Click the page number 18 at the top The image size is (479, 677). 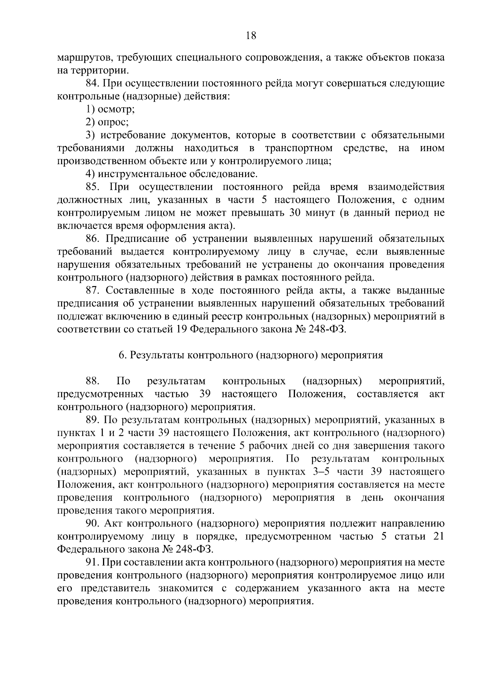[x=251, y=36]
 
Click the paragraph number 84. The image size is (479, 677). [x=93, y=83]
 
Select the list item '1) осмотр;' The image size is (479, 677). [x=111, y=109]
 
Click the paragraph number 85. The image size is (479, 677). [x=93, y=187]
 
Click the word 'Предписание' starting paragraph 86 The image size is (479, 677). [x=138, y=239]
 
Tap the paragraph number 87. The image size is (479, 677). [x=93, y=290]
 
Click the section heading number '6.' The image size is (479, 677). [x=123, y=355]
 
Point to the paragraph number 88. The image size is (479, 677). [x=93, y=381]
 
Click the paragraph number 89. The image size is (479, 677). [x=93, y=420]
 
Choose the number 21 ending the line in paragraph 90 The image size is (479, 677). [x=438, y=536]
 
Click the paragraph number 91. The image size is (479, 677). [x=93, y=563]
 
